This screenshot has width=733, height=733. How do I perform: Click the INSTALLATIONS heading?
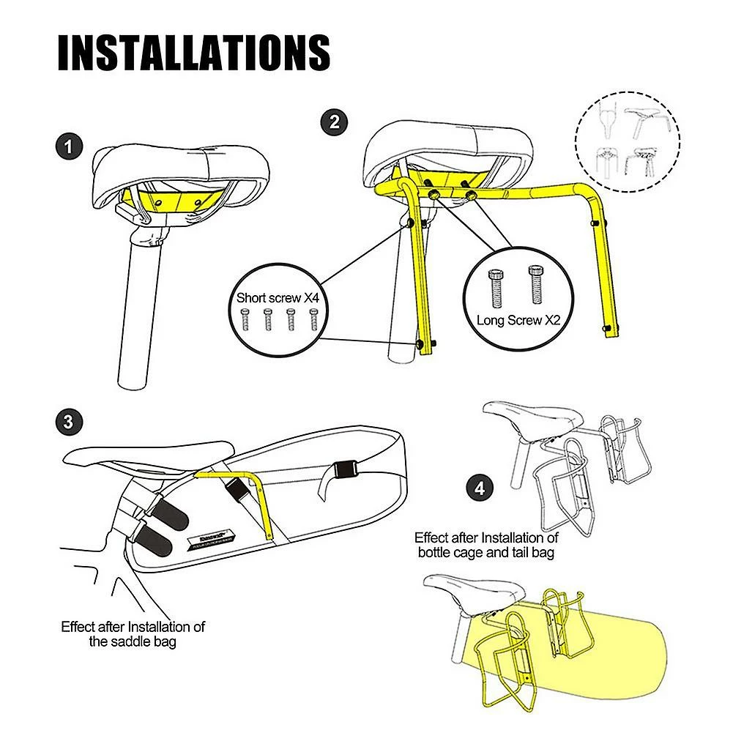193,52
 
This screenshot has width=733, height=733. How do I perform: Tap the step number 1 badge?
69,146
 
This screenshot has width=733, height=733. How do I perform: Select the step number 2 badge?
334,122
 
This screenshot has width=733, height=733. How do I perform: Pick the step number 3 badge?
68,422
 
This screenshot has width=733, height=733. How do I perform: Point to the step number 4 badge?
480,488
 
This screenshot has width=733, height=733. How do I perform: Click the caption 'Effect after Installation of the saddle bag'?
133,634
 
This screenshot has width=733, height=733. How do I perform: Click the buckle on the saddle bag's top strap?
345,468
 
